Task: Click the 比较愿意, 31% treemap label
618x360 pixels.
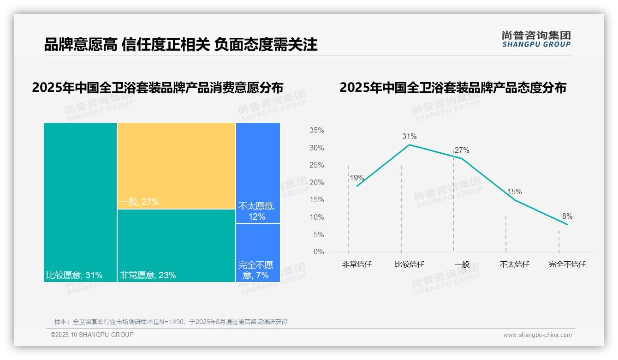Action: pos(74,276)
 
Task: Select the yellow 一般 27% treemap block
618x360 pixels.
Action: pos(176,166)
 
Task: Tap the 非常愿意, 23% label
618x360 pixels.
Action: pos(148,276)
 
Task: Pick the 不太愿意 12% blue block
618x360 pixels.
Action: pos(258,173)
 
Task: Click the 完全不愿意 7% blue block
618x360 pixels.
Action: pos(258,252)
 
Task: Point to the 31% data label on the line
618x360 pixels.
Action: pos(409,136)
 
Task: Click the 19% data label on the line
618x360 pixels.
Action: pos(357,178)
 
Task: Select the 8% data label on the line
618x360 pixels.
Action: pos(567,216)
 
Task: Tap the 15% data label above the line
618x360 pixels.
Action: pos(514,192)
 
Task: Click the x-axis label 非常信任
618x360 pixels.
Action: pos(357,264)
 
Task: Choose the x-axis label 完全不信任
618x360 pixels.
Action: pos(567,264)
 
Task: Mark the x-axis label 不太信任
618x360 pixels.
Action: pos(514,264)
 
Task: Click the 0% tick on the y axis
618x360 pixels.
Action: pos(319,252)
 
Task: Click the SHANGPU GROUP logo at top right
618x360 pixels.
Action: pos(536,39)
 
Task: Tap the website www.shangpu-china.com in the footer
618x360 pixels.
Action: pos(537,335)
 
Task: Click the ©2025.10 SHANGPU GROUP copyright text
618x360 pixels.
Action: pos(92,335)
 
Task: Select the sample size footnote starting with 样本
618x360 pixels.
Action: pos(171,322)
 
